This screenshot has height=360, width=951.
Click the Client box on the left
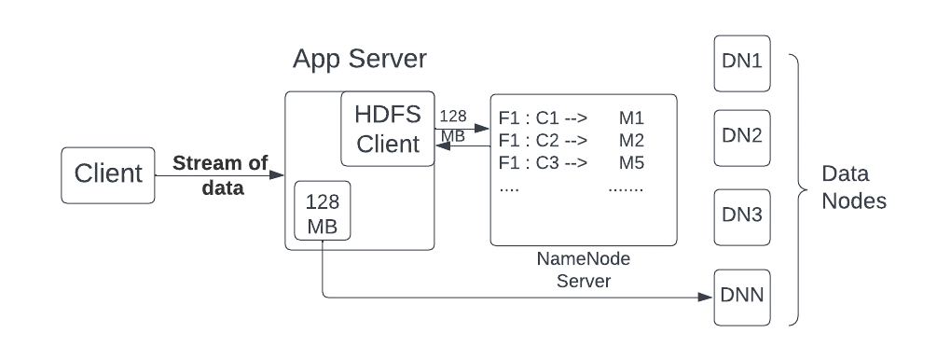coord(108,174)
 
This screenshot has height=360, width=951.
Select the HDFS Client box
coord(388,130)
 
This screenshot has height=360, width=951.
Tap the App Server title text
coord(360,60)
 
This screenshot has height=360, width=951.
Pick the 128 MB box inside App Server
coord(323,214)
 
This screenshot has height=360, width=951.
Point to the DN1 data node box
coord(742,63)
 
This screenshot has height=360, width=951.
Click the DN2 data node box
coord(742,136)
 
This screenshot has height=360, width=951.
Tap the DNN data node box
coord(742,298)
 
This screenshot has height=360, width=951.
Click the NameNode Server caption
coord(583,271)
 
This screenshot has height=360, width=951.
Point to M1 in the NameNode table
coord(631,118)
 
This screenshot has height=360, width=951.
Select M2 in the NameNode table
coord(631,141)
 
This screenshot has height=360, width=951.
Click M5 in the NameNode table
coord(631,163)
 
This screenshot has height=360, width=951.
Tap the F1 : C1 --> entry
coord(542,118)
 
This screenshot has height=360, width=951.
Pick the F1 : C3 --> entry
coord(542,163)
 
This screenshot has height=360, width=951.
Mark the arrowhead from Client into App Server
coord(278,174)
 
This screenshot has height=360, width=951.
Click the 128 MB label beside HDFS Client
coord(454,126)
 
